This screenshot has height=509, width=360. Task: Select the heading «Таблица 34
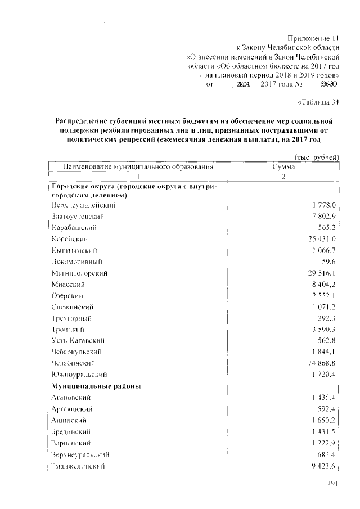point(318,102)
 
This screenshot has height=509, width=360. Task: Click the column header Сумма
point(284,167)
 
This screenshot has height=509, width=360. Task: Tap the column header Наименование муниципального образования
point(138,167)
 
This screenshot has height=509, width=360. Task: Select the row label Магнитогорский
point(79,273)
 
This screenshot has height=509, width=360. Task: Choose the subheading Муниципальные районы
point(96,386)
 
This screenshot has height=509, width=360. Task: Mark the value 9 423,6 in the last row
point(323,466)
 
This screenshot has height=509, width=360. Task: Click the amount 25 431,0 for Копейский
point(321,239)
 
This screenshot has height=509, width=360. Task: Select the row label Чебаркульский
point(78,352)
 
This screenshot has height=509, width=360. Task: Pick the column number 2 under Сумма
point(284,177)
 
